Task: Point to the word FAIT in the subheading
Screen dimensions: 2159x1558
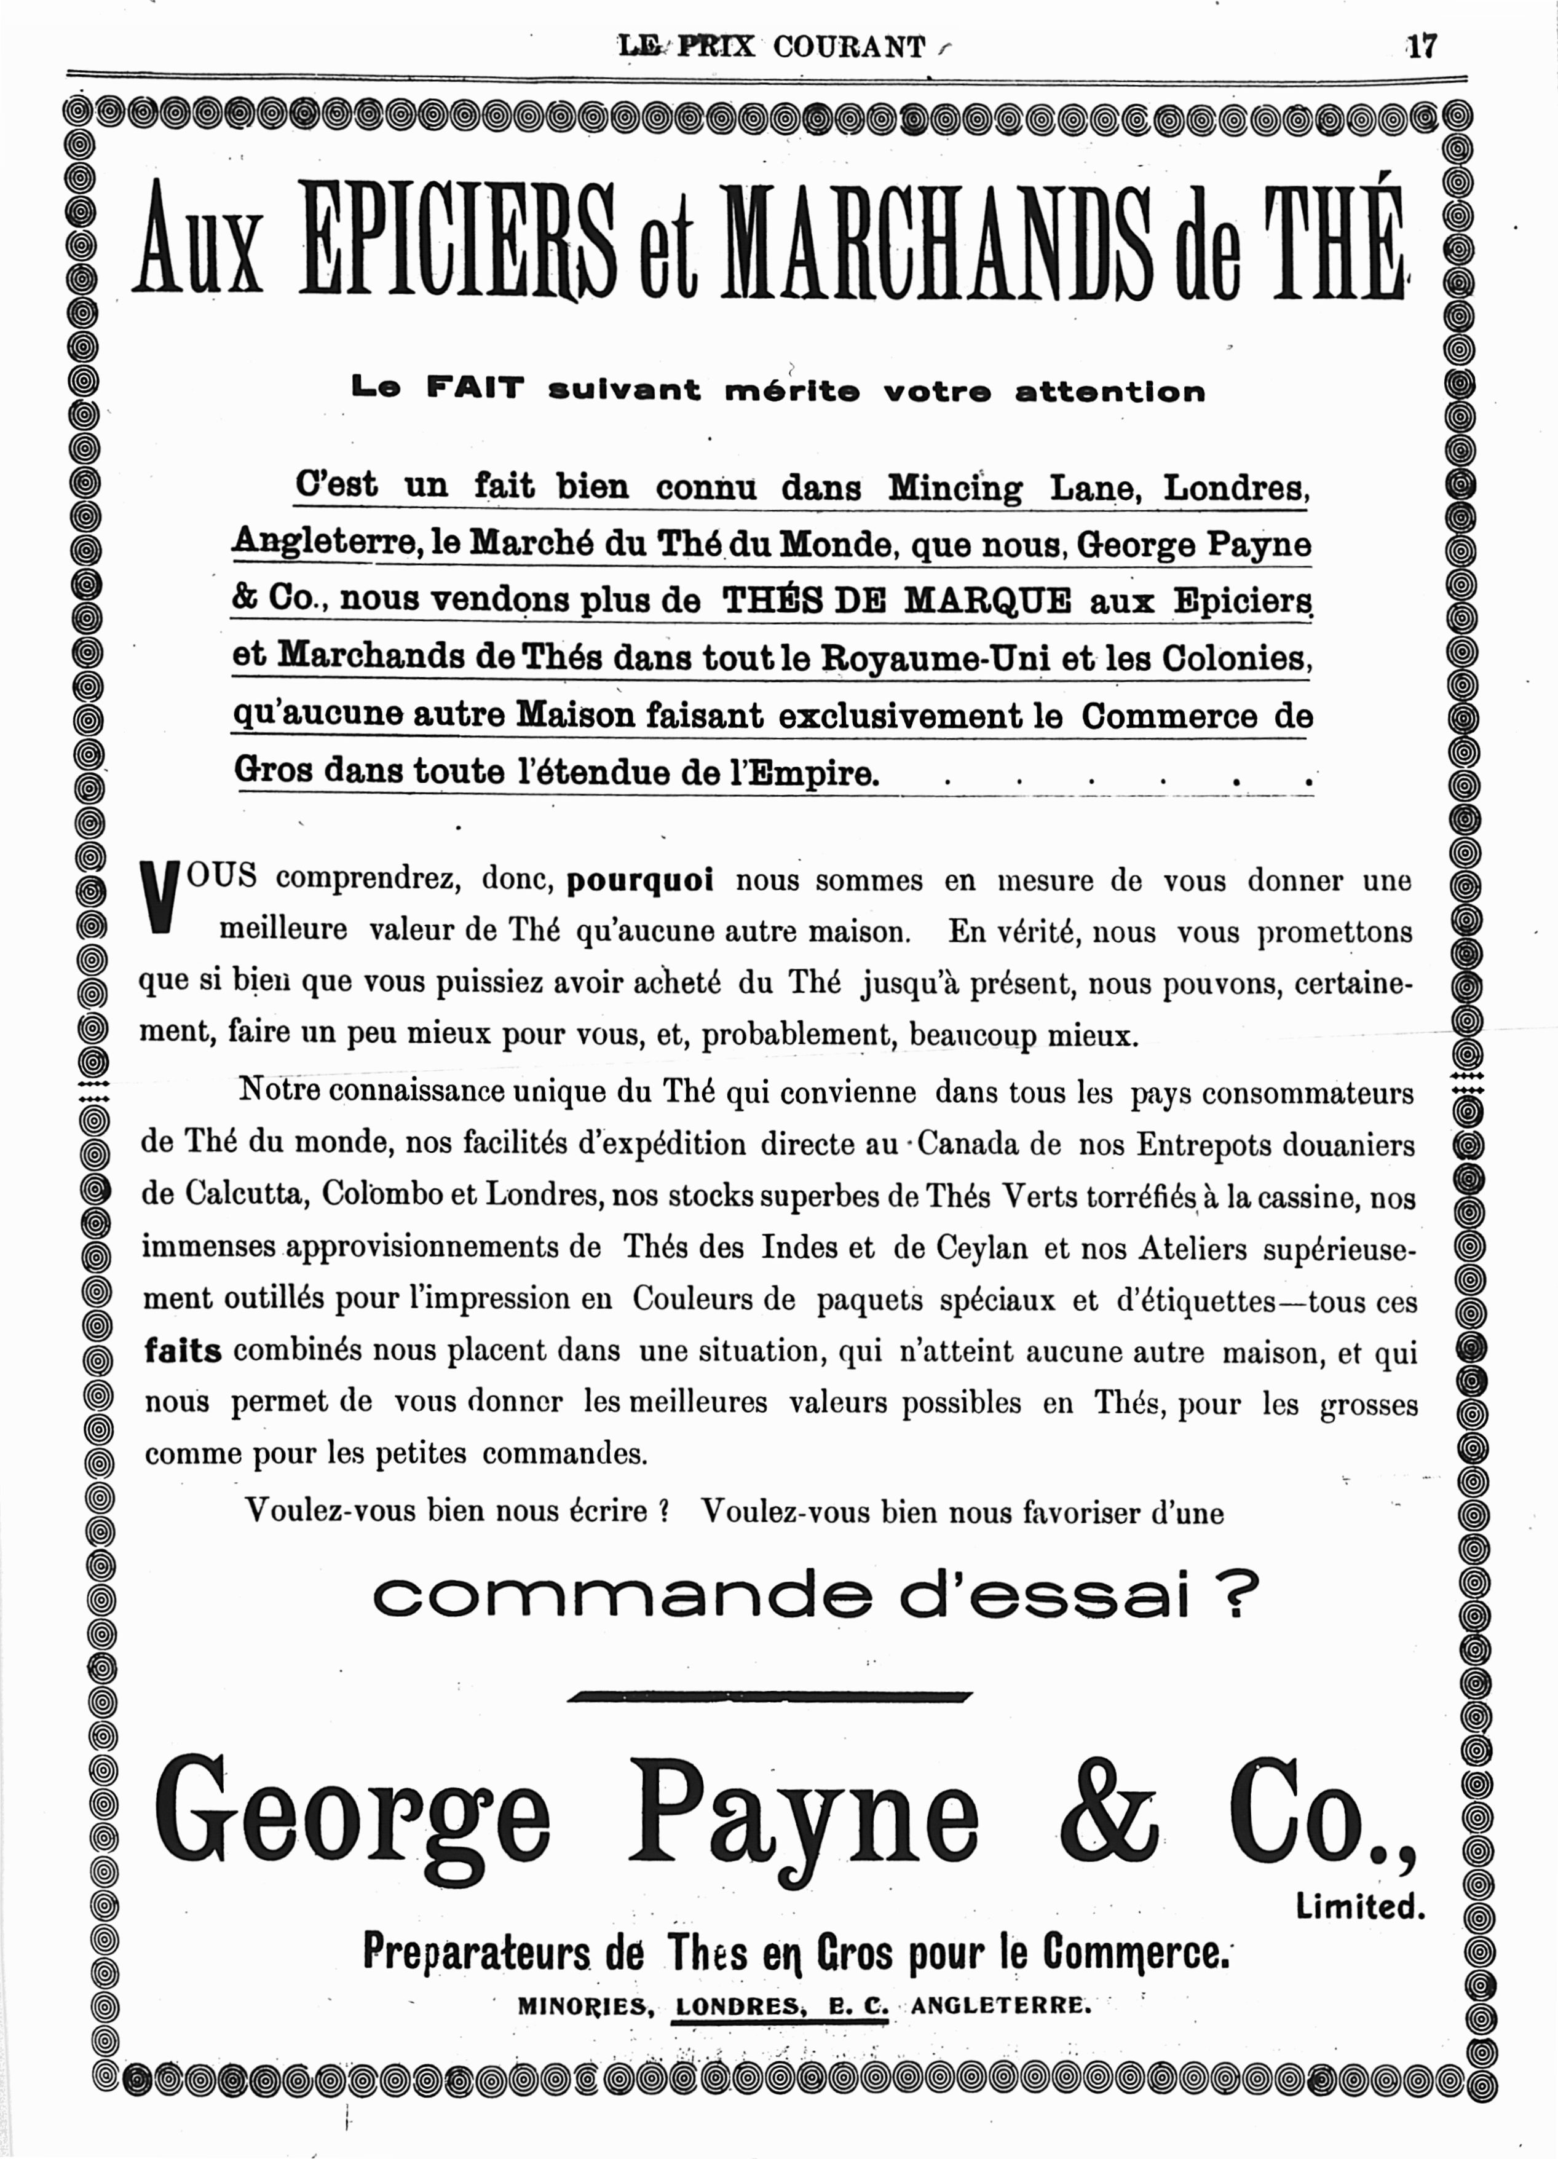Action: (x=475, y=389)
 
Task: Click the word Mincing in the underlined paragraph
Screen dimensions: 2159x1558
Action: (x=954, y=487)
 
